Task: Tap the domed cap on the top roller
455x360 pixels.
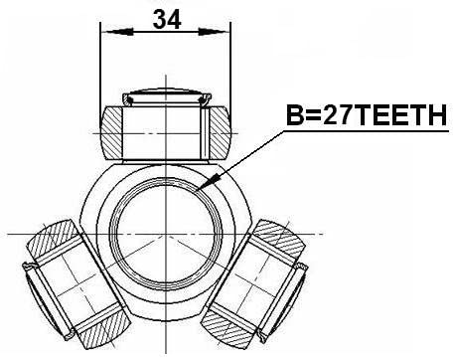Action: click(163, 96)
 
